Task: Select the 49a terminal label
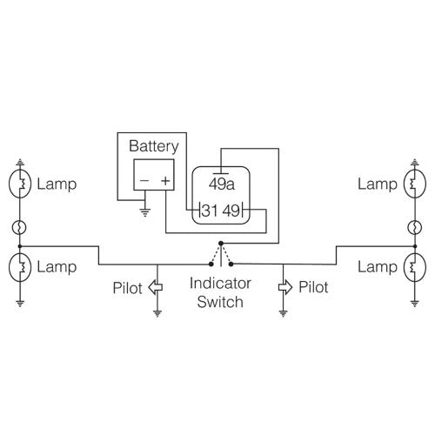(x=222, y=184)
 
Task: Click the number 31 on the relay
(x=209, y=211)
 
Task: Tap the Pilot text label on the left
(x=129, y=285)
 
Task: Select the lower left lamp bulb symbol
(x=21, y=266)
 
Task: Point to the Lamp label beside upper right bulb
(x=377, y=184)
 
